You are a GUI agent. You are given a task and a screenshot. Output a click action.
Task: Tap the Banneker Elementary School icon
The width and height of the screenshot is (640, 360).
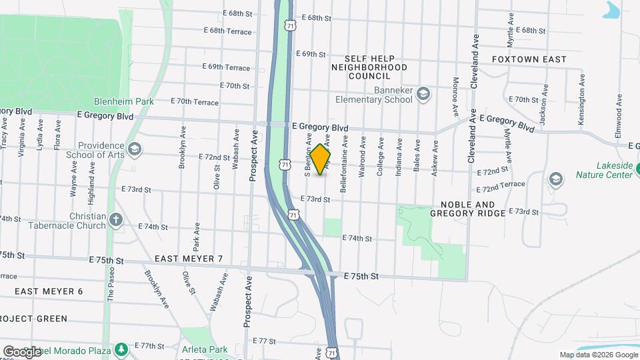click(x=423, y=95)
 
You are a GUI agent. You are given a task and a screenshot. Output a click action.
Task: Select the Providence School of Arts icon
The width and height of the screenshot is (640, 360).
click(x=135, y=147)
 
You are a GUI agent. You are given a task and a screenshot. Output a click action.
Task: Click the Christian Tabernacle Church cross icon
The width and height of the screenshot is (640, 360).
click(x=116, y=219)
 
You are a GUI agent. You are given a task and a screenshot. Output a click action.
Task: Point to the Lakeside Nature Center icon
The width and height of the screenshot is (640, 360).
click(x=555, y=179)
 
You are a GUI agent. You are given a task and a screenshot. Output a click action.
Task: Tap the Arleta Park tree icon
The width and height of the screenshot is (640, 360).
click(x=121, y=349)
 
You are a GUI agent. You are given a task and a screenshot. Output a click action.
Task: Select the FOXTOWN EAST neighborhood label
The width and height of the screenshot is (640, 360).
click(x=529, y=59)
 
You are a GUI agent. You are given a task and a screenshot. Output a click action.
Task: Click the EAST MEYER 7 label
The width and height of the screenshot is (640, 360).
click(x=188, y=258)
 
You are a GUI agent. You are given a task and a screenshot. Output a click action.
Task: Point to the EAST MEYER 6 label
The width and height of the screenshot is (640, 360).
click(x=49, y=291)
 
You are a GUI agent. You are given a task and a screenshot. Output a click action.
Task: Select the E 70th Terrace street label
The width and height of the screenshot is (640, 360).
click(x=194, y=102)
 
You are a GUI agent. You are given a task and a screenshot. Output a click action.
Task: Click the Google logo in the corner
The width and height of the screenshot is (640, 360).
click(x=22, y=351)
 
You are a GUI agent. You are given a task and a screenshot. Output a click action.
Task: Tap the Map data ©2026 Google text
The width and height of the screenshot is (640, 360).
click(x=597, y=355)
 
